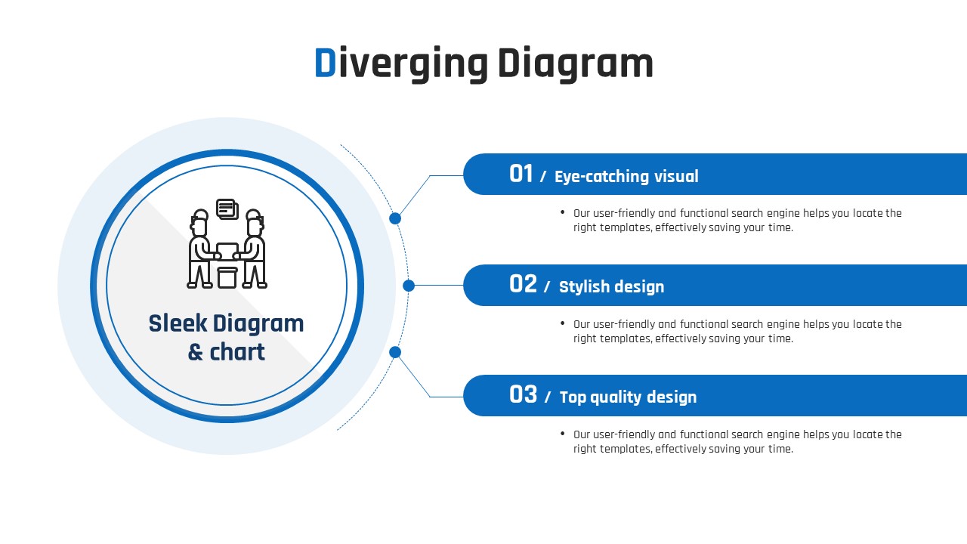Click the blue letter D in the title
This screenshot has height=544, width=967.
325,63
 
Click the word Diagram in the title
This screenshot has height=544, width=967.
575,65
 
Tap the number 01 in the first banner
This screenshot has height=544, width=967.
521,174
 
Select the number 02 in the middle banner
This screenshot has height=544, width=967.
523,284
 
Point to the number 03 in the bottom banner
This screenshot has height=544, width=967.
523,394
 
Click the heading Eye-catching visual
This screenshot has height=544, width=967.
626,176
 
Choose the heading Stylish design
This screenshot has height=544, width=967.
611,286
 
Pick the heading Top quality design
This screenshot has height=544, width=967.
628,397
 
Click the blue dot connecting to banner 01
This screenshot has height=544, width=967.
395,218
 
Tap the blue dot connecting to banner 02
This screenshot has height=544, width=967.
409,286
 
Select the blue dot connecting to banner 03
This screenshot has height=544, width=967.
395,352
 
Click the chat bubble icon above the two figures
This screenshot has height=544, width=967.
227,209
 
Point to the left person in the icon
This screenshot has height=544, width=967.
199,249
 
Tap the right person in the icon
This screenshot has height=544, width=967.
254,249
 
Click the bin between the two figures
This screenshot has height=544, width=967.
227,277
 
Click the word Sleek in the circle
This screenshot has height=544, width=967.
178,323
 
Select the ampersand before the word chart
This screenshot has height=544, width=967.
196,352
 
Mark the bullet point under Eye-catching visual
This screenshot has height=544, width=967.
563,213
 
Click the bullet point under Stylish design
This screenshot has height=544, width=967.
563,323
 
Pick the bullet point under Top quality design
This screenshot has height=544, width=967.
563,434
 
